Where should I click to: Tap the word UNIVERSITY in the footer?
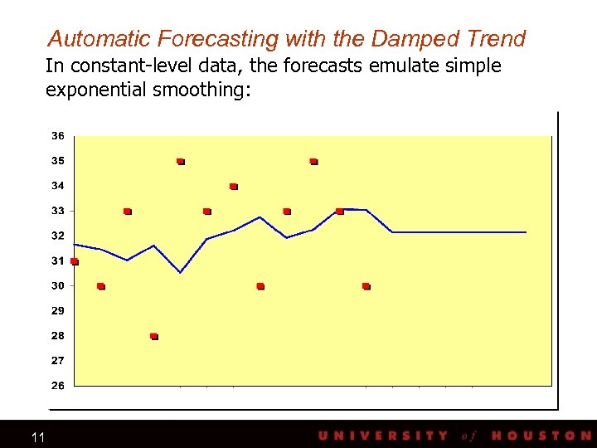(x=383, y=436)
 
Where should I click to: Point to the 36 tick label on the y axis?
(x=58, y=136)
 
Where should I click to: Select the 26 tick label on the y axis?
(x=58, y=386)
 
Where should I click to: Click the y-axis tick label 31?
(x=58, y=261)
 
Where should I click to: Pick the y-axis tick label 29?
(x=58, y=311)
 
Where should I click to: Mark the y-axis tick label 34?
(x=58, y=186)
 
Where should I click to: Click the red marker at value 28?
(x=154, y=336)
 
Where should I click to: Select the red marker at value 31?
(x=75, y=261)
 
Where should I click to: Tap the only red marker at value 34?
(x=234, y=187)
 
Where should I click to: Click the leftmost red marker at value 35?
(x=181, y=162)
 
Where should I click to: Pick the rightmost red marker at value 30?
(x=366, y=286)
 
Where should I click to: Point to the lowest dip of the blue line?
(x=181, y=272)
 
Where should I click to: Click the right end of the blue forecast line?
(x=526, y=232)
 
